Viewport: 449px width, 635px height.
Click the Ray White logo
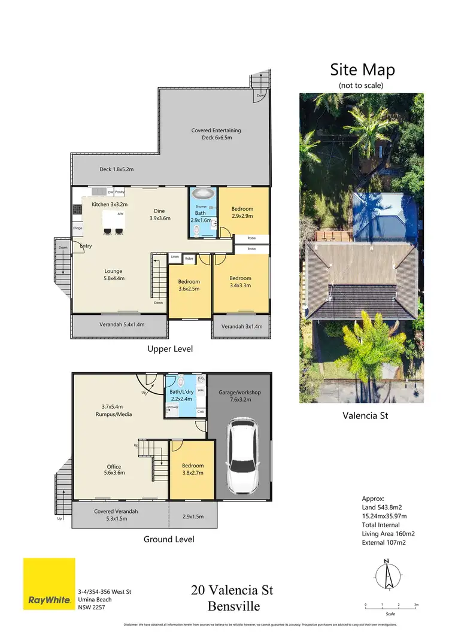click(x=49, y=584)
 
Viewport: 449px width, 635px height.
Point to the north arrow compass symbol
click(x=387, y=576)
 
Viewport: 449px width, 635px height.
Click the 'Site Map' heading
click(x=362, y=69)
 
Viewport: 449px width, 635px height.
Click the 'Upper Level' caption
click(x=171, y=348)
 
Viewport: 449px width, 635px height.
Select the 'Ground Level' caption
click(x=169, y=539)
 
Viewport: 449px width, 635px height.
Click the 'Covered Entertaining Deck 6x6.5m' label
click(x=216, y=134)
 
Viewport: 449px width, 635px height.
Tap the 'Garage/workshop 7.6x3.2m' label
click(x=239, y=396)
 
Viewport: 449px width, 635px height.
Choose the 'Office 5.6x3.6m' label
click(x=114, y=470)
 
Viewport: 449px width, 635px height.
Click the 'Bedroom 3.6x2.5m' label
click(x=189, y=285)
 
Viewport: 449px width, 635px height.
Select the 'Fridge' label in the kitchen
click(x=78, y=228)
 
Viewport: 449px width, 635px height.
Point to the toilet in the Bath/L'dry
click(x=181, y=382)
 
